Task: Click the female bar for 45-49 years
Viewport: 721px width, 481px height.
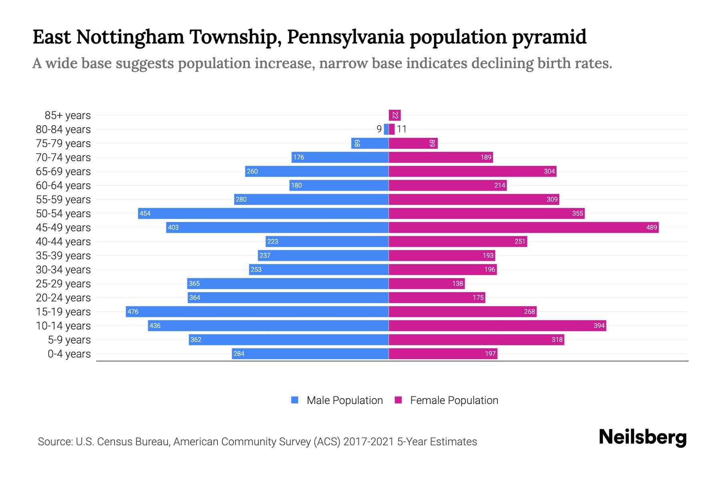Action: (523, 227)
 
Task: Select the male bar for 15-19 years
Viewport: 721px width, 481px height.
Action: (257, 311)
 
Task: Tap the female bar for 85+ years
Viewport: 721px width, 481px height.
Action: (395, 115)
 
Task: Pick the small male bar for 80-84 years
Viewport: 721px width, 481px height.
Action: (386, 129)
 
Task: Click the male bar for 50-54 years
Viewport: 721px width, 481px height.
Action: (263, 213)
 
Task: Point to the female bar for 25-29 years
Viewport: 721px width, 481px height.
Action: (427, 283)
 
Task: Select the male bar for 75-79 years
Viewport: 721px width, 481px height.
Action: (370, 143)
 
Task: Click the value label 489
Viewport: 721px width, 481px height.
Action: (651, 227)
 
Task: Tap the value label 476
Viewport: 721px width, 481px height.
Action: (133, 311)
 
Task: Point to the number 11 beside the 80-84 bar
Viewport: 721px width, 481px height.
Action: (401, 129)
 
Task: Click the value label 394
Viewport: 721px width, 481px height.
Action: (599, 325)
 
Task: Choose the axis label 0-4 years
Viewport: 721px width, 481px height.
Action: (69, 354)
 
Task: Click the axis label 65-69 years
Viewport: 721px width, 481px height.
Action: (63, 172)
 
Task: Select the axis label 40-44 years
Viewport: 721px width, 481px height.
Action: (63, 242)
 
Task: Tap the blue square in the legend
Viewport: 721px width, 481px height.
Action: (295, 400)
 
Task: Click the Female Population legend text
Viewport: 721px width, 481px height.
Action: (454, 400)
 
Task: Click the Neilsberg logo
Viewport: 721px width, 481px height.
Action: (642, 437)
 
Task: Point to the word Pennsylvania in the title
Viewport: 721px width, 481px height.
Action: (345, 37)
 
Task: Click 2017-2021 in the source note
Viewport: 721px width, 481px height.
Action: (368, 442)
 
